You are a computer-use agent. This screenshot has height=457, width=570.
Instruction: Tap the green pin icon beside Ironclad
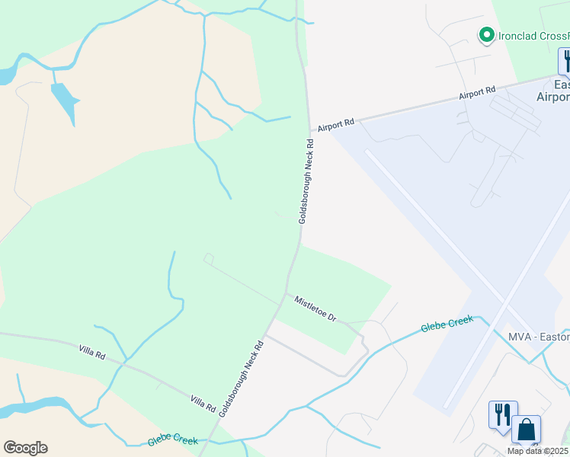click(485, 35)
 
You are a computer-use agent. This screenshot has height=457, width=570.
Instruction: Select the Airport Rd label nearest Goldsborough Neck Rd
click(336, 123)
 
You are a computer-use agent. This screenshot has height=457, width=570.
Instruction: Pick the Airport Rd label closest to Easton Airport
click(477, 94)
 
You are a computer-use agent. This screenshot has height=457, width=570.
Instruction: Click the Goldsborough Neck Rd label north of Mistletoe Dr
click(306, 181)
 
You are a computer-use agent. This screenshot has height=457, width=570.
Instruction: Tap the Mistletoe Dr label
click(315, 308)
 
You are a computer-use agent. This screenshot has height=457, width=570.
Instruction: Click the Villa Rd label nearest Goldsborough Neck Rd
click(203, 402)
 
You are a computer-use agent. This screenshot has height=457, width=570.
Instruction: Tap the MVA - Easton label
click(538, 337)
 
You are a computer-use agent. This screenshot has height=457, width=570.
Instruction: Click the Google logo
click(25, 448)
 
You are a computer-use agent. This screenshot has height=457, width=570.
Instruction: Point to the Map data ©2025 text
click(538, 451)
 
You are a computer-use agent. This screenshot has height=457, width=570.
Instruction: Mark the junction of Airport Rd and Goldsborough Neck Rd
click(310, 131)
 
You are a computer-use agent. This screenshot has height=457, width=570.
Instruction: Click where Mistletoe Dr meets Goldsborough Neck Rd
click(286, 293)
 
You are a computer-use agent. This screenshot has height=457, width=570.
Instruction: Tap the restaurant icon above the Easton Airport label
click(565, 61)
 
